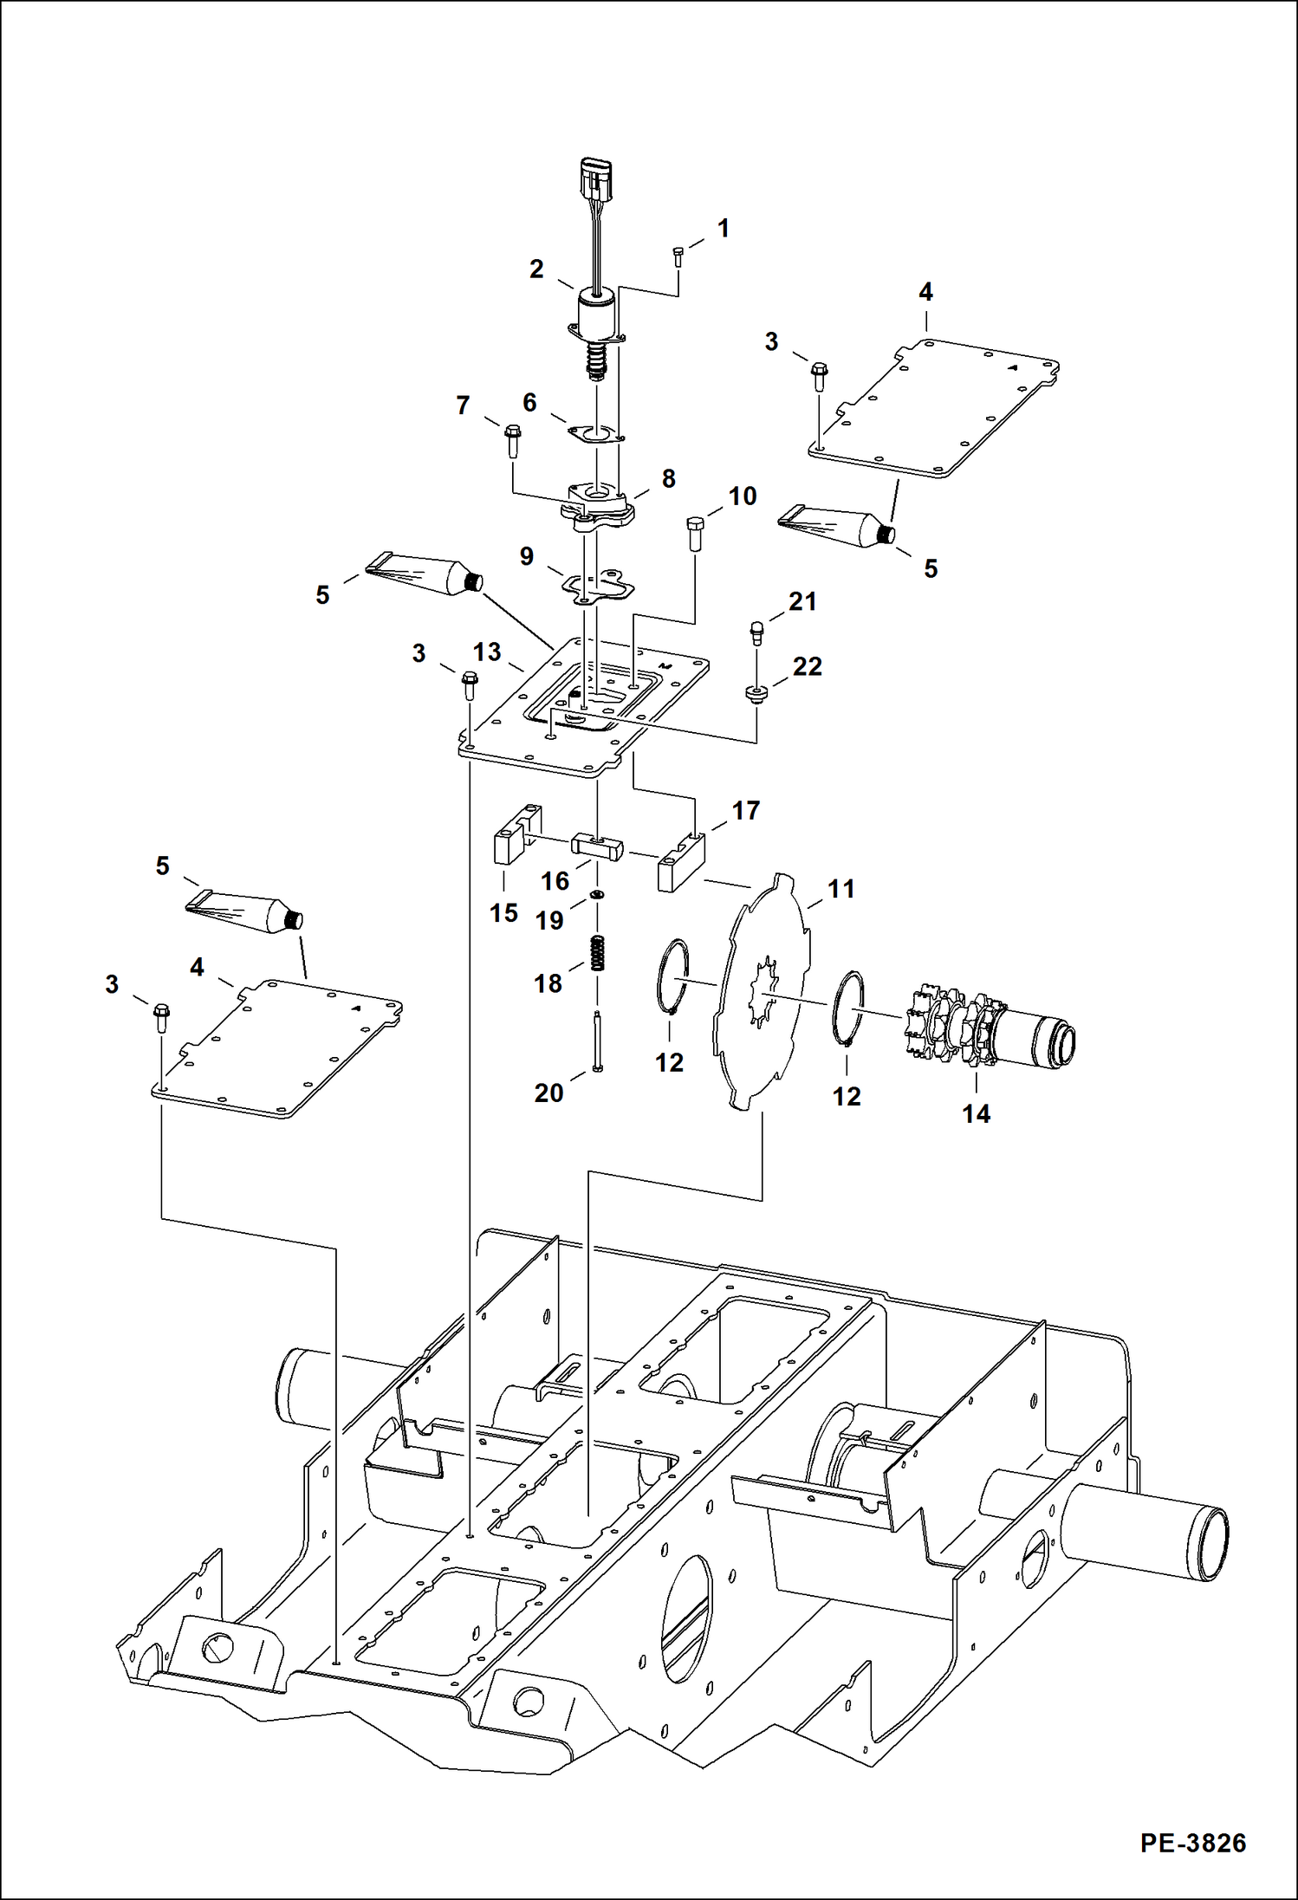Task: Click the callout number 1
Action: coord(723,229)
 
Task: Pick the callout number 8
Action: coord(668,478)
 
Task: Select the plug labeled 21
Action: coord(756,632)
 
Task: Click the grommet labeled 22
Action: coord(756,693)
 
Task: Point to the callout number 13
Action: coord(487,652)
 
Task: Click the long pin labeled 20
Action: coord(597,1043)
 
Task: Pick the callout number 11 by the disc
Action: coord(840,889)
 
